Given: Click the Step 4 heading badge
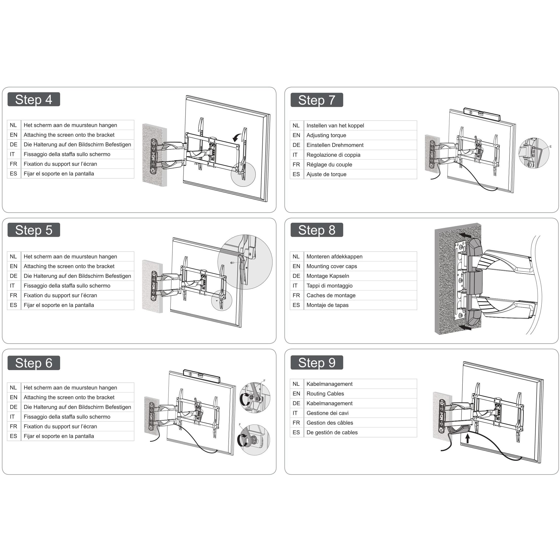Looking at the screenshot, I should [x=34, y=100].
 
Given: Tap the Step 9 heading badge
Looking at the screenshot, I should [x=317, y=363].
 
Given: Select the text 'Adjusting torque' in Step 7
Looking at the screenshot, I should [x=326, y=135].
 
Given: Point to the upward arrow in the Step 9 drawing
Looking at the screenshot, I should [x=467, y=438].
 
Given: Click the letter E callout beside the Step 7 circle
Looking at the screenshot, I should [x=550, y=147].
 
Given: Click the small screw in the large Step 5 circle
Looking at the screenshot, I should [x=232, y=263].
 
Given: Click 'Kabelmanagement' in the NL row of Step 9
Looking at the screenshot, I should [x=329, y=384].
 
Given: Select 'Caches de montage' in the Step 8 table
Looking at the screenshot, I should [x=331, y=295].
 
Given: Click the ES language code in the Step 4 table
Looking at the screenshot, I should [x=13, y=174].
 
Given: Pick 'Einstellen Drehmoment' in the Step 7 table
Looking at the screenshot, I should [x=335, y=145].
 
